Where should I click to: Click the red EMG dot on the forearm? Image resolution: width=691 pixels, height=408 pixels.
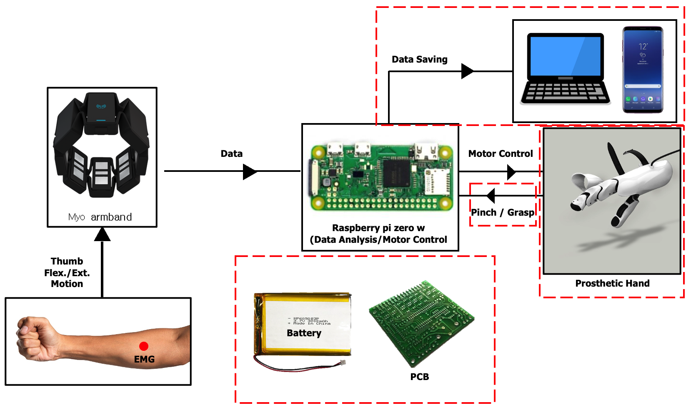coord(144,346)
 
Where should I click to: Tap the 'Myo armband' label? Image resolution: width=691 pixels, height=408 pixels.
coord(100,217)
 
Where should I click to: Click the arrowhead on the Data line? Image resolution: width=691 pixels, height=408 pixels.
coord(250,171)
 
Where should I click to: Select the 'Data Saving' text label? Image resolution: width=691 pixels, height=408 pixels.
coord(419,59)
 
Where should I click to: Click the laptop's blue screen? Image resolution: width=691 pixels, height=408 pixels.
coord(565,56)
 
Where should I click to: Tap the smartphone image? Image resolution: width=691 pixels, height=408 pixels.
coord(642,70)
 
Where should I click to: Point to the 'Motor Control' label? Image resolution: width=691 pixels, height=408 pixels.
coord(500,154)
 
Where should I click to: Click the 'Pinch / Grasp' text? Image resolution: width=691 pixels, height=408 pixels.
coord(502,212)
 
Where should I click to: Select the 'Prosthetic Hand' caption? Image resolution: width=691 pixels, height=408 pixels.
coord(612,283)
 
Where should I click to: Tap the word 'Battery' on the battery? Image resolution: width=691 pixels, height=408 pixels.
coord(304,333)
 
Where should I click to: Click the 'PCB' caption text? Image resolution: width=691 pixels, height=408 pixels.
coord(419,377)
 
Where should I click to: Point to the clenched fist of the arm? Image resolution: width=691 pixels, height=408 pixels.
coord(35,338)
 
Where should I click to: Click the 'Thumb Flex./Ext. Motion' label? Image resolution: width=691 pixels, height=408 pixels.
coord(67,272)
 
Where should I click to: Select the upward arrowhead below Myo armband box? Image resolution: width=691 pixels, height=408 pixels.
coord(102,235)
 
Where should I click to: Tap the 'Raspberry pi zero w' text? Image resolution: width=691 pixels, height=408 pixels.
coord(378,228)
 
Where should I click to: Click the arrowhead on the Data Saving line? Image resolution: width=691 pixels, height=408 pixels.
coord(467,71)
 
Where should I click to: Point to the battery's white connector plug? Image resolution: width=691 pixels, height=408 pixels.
coord(343,363)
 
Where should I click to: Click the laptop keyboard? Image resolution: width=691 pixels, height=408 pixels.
coord(565,92)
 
